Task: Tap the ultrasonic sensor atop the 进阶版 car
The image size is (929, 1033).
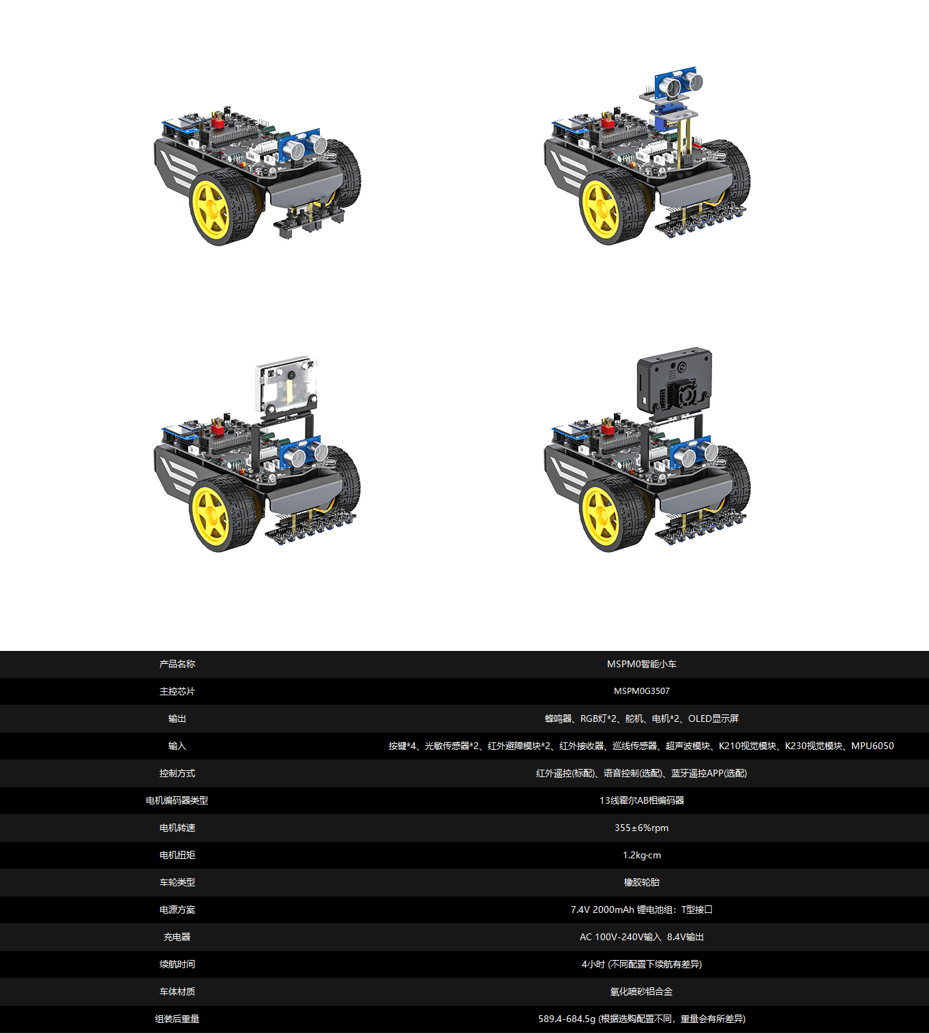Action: (x=677, y=83)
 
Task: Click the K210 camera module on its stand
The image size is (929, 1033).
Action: (x=286, y=385)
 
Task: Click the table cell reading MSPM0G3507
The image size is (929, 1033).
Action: (x=641, y=691)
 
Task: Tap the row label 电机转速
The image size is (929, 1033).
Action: (x=177, y=828)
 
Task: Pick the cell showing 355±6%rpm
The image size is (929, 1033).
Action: (x=641, y=828)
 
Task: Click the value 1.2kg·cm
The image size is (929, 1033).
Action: (x=641, y=855)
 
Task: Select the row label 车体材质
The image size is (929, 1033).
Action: (x=177, y=991)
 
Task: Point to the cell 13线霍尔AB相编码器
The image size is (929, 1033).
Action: (x=641, y=800)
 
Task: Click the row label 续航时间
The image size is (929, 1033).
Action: (x=177, y=964)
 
